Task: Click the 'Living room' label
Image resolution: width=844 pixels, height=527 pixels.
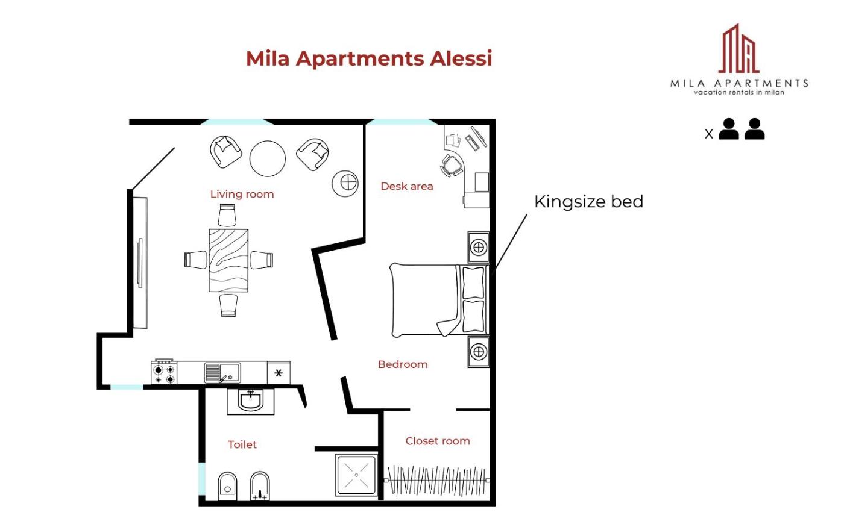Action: pyautogui.click(x=242, y=194)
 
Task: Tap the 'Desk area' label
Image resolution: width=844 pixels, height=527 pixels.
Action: pyautogui.click(x=407, y=186)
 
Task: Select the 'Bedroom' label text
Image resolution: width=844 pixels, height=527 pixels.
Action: pyautogui.click(x=403, y=364)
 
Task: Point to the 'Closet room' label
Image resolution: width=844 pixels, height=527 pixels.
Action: pyautogui.click(x=438, y=441)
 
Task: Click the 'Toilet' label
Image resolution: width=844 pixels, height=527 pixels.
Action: pyautogui.click(x=242, y=444)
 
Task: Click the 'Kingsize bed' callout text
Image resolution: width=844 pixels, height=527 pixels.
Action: pyautogui.click(x=588, y=202)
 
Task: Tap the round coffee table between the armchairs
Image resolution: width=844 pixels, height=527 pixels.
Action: pyautogui.click(x=268, y=158)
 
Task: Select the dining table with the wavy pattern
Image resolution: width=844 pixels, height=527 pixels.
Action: pyautogui.click(x=228, y=260)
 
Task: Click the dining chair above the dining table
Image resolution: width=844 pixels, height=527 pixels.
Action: pyautogui.click(x=227, y=215)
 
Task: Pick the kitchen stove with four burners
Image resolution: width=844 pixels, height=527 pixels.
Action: pyautogui.click(x=164, y=373)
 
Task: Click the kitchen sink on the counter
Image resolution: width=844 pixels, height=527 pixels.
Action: pyautogui.click(x=222, y=373)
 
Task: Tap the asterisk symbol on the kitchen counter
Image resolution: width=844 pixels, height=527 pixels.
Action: pyautogui.click(x=279, y=373)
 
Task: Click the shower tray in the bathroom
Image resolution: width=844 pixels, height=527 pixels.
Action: pyautogui.click(x=356, y=475)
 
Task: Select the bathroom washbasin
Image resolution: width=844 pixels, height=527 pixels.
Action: pyautogui.click(x=250, y=401)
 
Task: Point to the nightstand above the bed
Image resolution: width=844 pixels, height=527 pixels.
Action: pyautogui.click(x=479, y=248)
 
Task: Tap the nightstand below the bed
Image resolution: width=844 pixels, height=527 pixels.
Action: pyautogui.click(x=479, y=352)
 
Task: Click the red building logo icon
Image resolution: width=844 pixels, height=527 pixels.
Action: pyautogui.click(x=738, y=49)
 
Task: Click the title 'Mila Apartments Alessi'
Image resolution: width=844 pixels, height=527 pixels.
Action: pyautogui.click(x=369, y=59)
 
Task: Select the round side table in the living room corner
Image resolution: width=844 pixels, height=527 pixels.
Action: pyautogui.click(x=345, y=184)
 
